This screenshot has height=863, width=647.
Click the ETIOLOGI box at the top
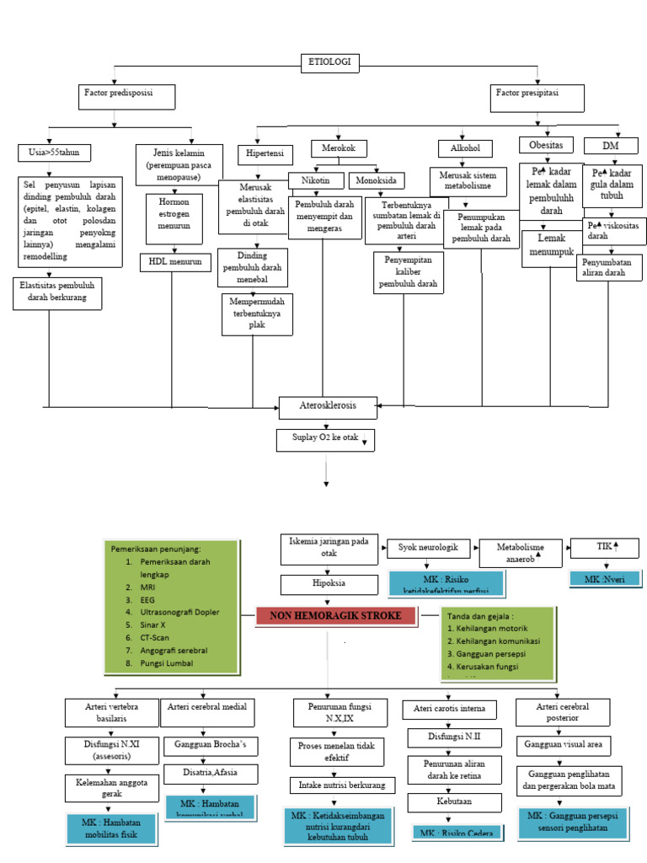330,62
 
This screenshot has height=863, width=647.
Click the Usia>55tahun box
55,153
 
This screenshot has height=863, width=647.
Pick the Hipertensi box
265,155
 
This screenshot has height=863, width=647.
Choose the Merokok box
340,148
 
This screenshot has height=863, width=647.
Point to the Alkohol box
465,148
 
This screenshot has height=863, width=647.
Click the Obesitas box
546,144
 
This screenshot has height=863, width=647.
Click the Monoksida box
377,180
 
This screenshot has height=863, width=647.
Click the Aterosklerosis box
328,406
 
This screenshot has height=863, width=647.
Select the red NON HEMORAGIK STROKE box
335,616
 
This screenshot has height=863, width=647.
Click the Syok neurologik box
427,549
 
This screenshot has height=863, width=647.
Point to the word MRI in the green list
147,586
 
